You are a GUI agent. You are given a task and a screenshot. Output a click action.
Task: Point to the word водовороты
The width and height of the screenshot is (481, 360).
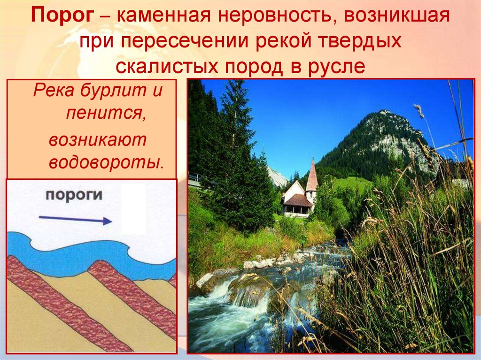point(106,162)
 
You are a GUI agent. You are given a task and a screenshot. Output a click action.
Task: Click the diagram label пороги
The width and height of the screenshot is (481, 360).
point(74,196)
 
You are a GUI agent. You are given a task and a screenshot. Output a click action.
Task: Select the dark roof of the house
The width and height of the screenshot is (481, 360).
point(298,201)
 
